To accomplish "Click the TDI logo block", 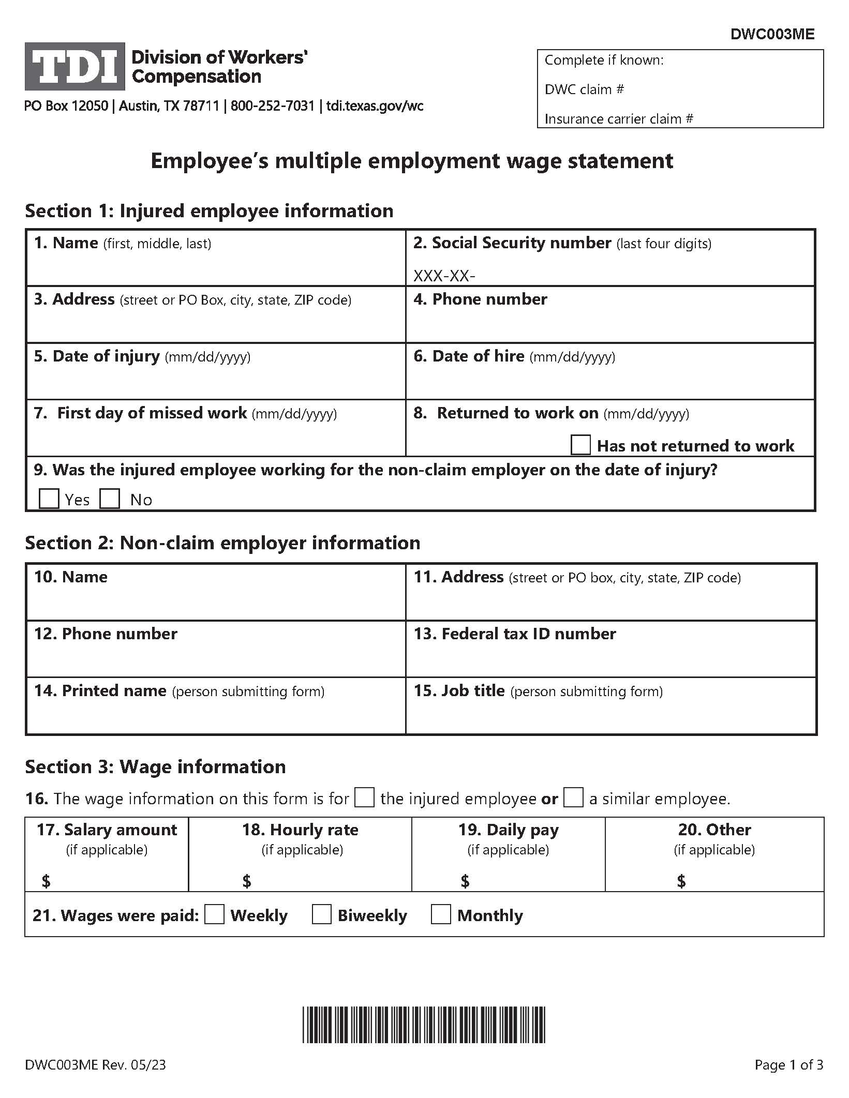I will tap(75, 66).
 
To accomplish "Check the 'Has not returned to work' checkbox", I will tap(580, 445).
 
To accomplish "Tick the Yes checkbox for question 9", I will tap(49, 499).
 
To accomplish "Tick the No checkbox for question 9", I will tap(110, 499).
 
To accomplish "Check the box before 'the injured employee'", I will tap(364, 798).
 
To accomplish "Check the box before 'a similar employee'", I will tap(573, 798).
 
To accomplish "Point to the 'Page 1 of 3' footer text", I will tap(788, 1065).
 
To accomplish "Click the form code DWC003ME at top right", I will tap(772, 34).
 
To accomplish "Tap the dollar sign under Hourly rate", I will tap(247, 881).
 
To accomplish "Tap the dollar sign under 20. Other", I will tap(681, 881).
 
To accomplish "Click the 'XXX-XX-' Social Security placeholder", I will tap(444, 276).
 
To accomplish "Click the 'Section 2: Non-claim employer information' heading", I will tap(222, 543).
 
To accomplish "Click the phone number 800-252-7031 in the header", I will tap(272, 106).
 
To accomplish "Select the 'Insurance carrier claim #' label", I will tap(618, 119).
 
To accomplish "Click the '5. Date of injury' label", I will tap(97, 356).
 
